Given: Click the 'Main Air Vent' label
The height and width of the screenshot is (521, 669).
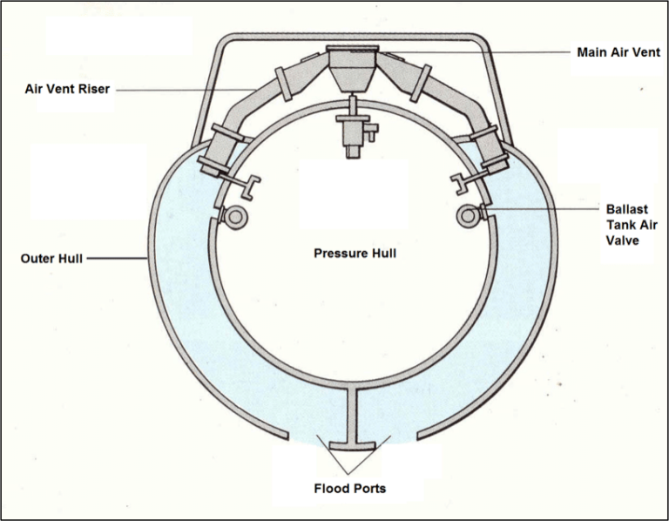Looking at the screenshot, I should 617,52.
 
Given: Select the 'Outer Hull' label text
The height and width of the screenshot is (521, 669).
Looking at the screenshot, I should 51,258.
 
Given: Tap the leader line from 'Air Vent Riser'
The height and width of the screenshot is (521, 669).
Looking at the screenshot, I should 183,89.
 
